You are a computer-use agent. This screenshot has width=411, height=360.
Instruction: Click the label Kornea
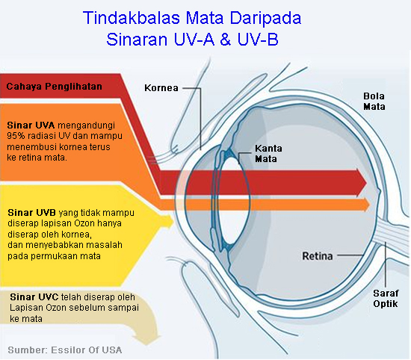[x=161, y=88]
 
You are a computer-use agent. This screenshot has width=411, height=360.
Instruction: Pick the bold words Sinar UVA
[x=25, y=125]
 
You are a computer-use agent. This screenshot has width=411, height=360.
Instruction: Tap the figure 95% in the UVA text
[x=16, y=137]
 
